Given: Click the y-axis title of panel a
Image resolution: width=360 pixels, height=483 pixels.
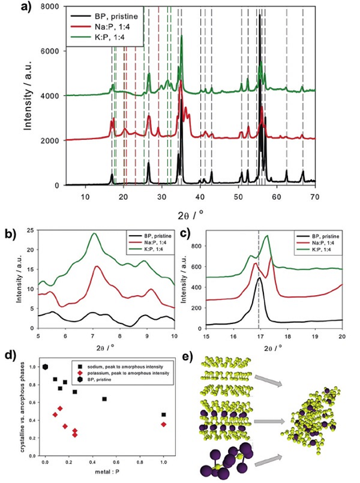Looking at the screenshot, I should pyautogui.click(x=17, y=96).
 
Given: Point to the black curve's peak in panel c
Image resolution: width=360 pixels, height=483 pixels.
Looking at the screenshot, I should pyautogui.click(x=259, y=278).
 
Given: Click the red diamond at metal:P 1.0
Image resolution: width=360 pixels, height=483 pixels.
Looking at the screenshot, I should pyautogui.click(x=164, y=424).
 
